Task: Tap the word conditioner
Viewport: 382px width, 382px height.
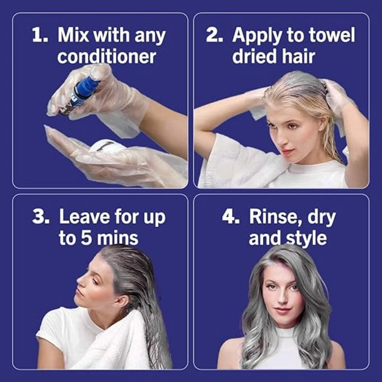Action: pos(107,57)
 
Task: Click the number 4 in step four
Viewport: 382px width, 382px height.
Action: pos(230,216)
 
